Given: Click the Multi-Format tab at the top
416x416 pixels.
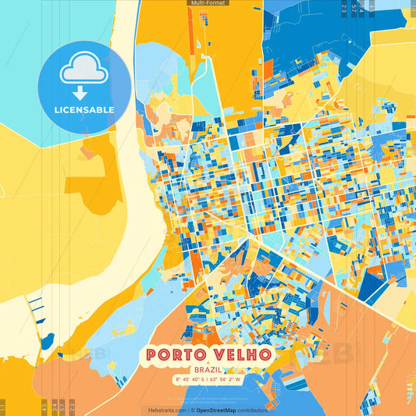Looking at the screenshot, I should pos(208,3).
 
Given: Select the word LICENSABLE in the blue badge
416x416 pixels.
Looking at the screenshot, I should pos(84,110).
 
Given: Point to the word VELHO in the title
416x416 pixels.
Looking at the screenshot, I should pos(242,355).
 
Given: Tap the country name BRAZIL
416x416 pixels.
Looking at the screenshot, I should pos(208,371).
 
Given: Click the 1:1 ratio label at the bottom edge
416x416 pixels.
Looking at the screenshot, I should pos(3,406).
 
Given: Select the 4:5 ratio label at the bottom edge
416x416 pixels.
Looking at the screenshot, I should pos(44,406).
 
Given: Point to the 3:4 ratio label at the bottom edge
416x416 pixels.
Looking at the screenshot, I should pos(53,406).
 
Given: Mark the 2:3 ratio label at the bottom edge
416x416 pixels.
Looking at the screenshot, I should pos(72,406).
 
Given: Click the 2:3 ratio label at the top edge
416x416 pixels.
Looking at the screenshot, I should pos(344,8).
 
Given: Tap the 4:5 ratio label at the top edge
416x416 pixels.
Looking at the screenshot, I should pos(372,8).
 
